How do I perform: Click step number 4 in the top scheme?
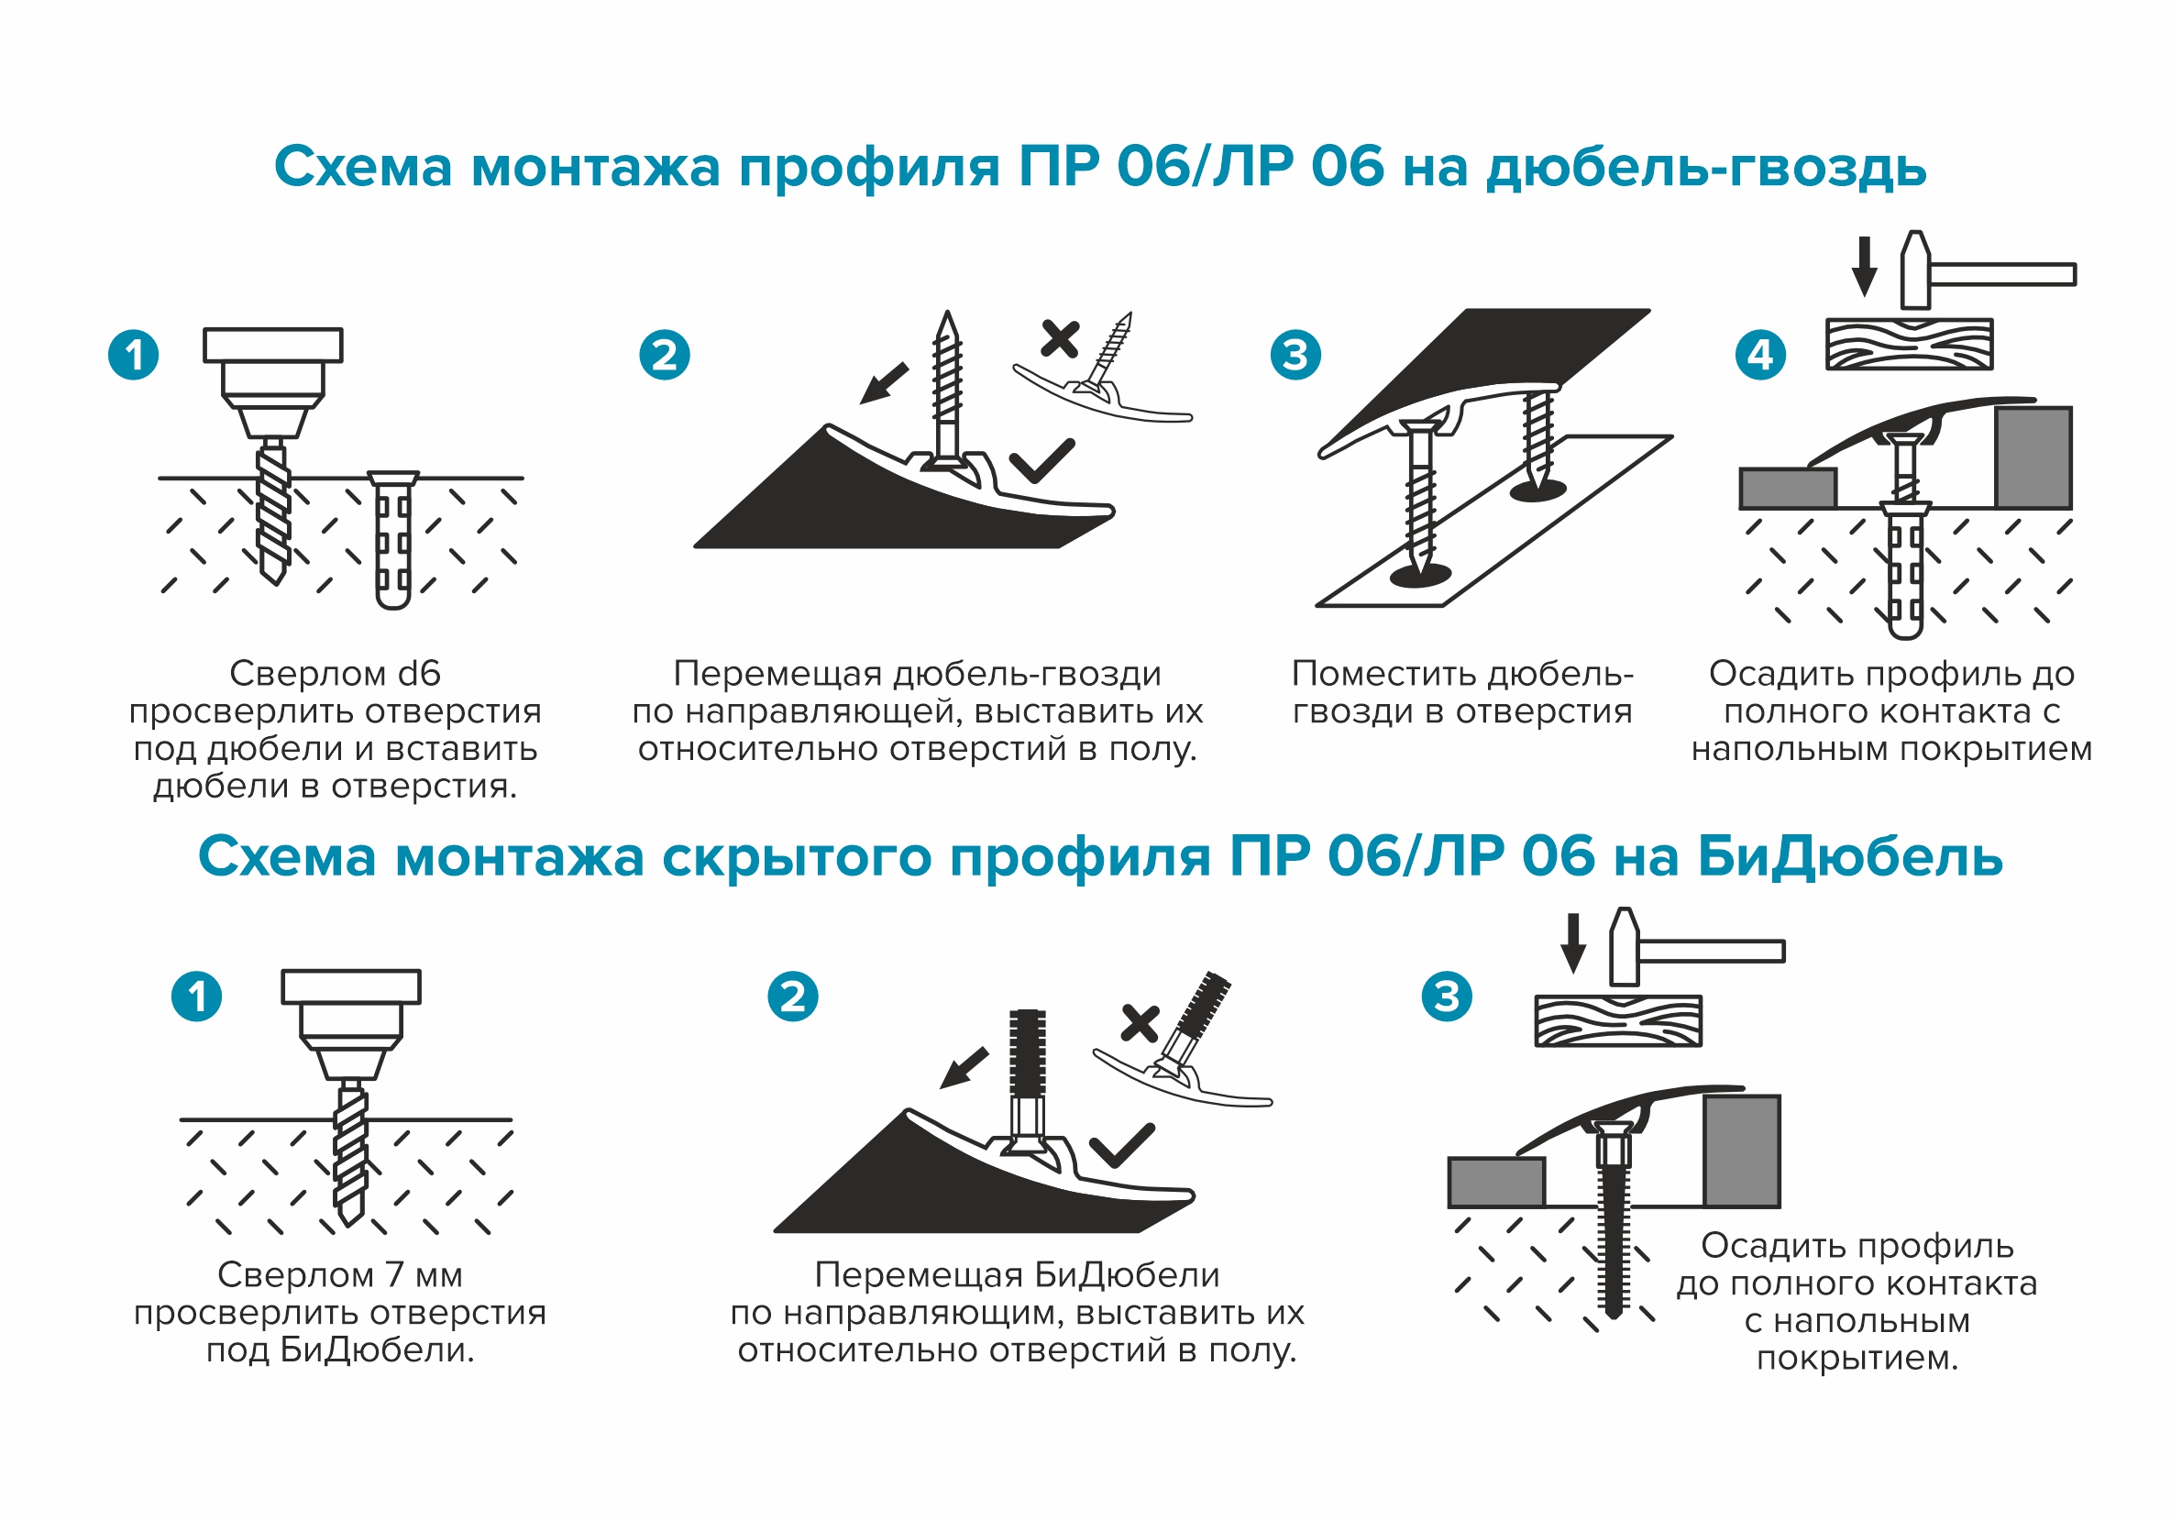1759,356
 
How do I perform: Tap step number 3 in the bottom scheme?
1447,997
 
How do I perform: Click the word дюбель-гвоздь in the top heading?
1706,169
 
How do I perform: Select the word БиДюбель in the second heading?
1849,857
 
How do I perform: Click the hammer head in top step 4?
1915,270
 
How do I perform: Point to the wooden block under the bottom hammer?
1617,1021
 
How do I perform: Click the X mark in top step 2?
1059,338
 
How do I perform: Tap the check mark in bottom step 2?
1121,1146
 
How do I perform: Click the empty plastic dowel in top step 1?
393,541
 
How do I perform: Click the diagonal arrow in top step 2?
884,384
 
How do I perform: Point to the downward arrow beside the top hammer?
1864,267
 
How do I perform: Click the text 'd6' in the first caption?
419,674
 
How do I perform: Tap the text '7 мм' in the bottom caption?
424,1276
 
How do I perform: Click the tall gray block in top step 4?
2033,458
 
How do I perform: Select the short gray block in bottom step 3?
1496,1183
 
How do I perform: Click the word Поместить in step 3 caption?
1385,674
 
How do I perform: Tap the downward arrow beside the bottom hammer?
1572,943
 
